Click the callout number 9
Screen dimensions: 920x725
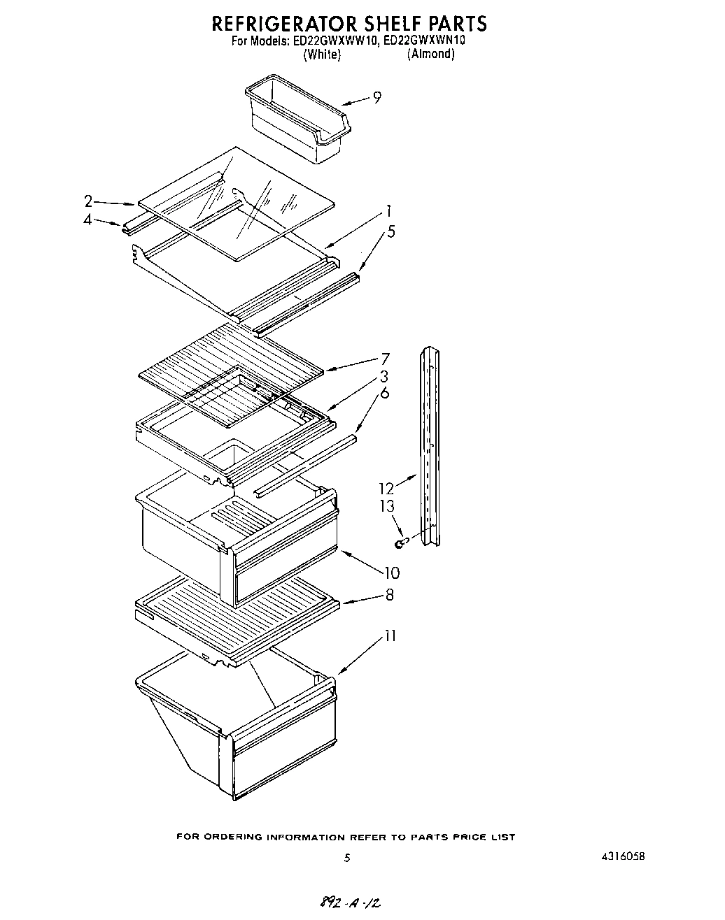(x=377, y=98)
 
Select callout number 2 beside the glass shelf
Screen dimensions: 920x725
(x=88, y=201)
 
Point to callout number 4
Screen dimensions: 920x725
(x=88, y=220)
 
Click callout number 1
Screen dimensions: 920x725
(x=388, y=212)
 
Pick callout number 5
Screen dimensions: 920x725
(x=390, y=231)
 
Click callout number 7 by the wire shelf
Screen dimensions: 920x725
(x=384, y=360)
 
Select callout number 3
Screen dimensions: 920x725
(x=384, y=378)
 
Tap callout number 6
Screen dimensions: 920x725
(x=384, y=394)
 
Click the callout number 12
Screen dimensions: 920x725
(x=386, y=488)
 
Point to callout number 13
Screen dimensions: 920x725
(x=387, y=506)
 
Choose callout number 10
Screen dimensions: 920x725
(x=391, y=573)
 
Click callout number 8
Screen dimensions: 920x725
(x=389, y=595)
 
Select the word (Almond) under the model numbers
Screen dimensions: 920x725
(x=430, y=55)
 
